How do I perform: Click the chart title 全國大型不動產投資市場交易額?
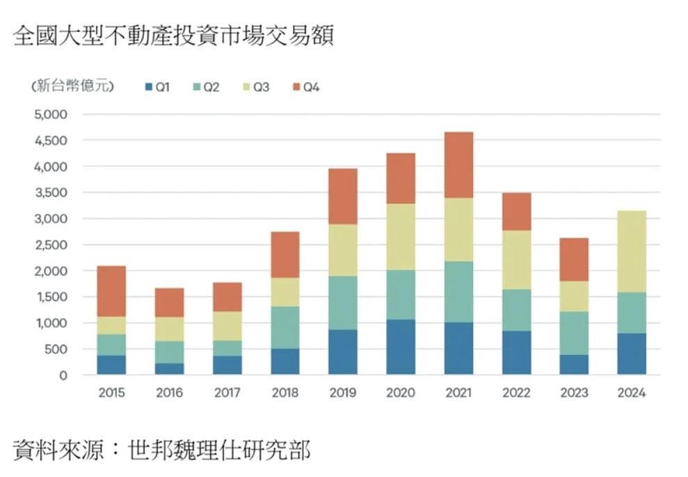pos(174,36)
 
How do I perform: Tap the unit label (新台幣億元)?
pos(72,87)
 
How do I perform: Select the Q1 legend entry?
pos(157,87)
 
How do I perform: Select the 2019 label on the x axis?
pos(342,393)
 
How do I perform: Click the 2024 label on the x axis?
pos(631,393)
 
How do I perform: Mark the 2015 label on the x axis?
pos(111,393)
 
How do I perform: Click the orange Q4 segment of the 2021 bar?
pos(458,165)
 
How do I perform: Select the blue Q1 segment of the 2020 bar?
pos(401,347)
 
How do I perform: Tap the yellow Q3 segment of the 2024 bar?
pos(631,251)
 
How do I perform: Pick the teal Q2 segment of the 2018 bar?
pos(285,327)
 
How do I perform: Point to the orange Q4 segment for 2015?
pos(111,291)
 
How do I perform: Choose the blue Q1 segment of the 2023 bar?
pos(573,364)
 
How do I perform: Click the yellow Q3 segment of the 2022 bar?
pos(515,259)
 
